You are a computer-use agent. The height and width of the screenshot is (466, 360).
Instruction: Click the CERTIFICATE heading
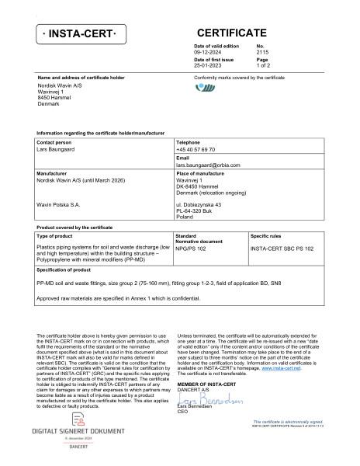click(231, 33)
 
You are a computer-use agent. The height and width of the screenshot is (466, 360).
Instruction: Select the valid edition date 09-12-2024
click(208, 53)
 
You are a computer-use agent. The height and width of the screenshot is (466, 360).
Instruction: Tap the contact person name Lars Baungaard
click(58, 149)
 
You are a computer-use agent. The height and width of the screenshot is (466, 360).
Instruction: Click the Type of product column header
click(54, 235)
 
